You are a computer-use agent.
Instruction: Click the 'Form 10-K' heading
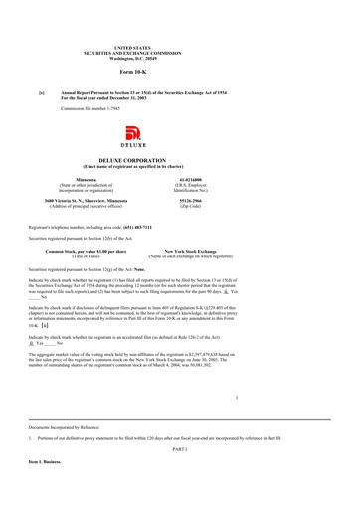click(179, 72)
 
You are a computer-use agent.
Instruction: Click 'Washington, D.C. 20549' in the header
click(179, 57)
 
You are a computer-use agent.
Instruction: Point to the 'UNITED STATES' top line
click(179, 47)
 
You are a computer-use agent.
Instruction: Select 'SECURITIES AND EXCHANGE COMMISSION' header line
click(179, 52)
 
